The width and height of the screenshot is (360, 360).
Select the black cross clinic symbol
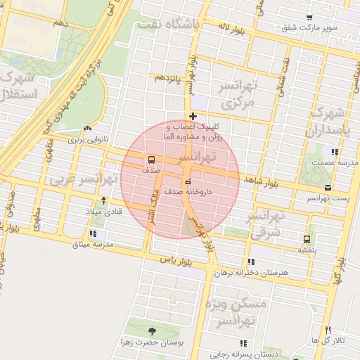[x=192, y=116]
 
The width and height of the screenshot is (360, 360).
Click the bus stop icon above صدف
[x=151, y=159]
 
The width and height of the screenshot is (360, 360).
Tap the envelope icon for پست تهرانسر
[x=328, y=187]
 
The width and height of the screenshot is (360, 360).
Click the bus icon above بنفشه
[x=305, y=238]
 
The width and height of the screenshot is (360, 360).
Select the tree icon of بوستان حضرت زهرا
[x=153, y=331]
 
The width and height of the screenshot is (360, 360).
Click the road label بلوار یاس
[x=176, y=260]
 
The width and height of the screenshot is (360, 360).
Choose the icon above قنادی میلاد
[x=104, y=200]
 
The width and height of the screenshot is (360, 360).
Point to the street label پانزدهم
[x=169, y=76]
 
